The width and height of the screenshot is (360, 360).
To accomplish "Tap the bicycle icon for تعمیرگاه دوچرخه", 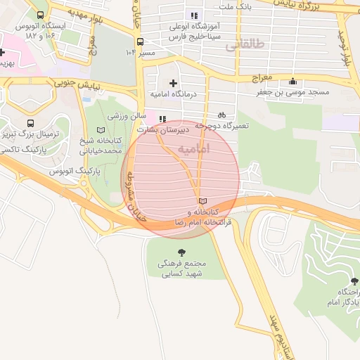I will tap(222, 115).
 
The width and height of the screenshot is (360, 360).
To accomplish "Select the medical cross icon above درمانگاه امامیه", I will tap(173, 83).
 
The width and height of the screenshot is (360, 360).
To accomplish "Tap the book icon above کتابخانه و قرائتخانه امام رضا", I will tap(203, 201).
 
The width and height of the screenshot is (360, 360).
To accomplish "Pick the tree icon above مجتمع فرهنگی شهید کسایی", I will tap(181, 251).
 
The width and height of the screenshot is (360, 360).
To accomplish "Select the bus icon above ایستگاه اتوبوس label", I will tap(40, 14).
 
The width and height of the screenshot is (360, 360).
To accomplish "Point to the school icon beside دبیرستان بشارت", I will tap(163, 120).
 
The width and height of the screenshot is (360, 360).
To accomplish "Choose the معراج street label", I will tap(257, 79).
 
